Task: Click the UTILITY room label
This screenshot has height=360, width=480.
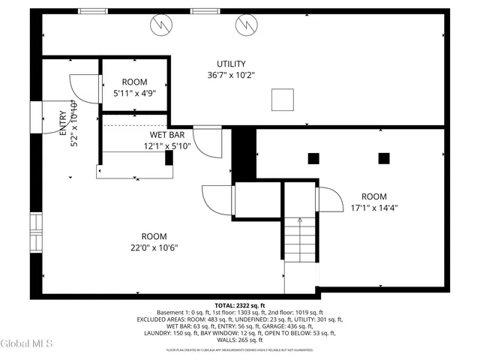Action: (231, 64)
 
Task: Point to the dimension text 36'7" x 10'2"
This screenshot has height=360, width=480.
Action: (231, 75)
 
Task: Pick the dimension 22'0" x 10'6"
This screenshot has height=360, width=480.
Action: (154, 247)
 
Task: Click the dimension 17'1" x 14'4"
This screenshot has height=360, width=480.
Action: (373, 208)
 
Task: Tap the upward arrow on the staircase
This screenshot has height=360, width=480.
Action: (300, 221)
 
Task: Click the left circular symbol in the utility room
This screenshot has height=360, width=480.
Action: (160, 26)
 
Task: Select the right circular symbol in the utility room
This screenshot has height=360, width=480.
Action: (245, 26)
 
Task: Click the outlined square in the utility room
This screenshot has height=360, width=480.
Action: (282, 99)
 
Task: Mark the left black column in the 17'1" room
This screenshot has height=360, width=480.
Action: (313, 157)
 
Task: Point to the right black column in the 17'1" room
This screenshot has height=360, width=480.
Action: (384, 157)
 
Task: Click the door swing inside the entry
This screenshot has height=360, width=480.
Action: (84, 89)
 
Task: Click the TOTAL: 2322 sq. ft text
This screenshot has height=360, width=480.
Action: (240, 306)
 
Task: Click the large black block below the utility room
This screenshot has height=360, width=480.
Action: (244, 153)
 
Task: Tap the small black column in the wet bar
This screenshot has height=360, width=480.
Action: (169, 157)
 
